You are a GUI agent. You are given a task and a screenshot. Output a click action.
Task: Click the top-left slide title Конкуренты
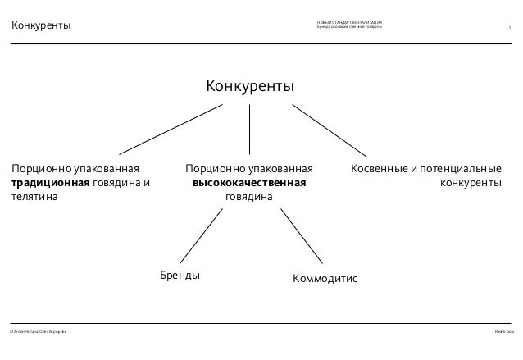pos(40,27)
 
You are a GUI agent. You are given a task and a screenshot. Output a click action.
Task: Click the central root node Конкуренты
pos(249,87)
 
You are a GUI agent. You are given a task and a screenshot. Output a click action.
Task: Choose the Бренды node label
pos(179,275)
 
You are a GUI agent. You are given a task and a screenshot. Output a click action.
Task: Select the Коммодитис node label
pos(325,279)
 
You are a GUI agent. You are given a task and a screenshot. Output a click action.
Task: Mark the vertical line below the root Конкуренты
pos(249,127)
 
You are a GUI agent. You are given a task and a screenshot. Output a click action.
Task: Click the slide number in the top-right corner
pos(509,28)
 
